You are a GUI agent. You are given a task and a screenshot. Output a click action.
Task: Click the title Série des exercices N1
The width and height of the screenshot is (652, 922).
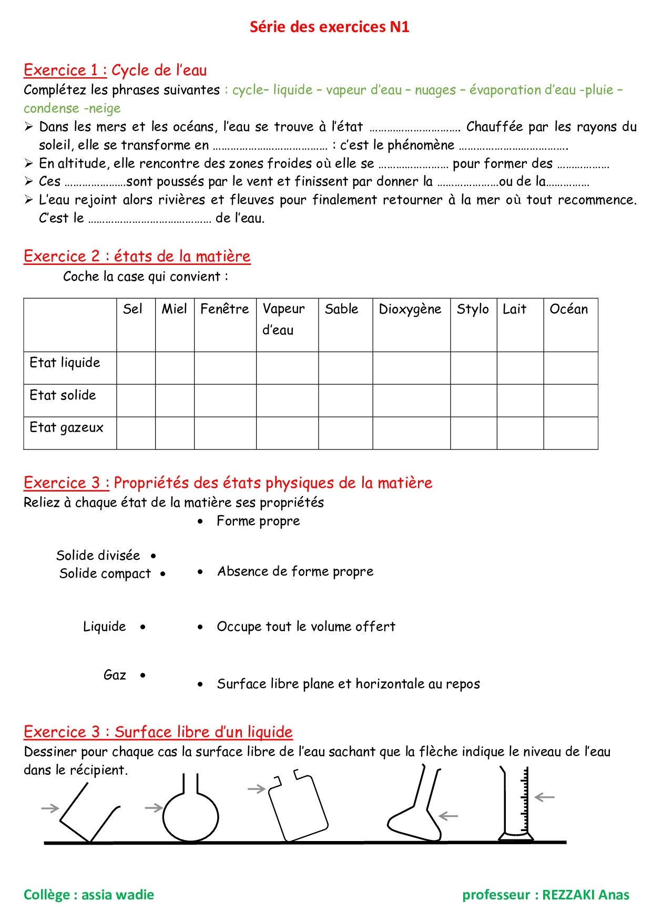click(329, 27)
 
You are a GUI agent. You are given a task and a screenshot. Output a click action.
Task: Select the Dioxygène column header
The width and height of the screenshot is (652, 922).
click(410, 309)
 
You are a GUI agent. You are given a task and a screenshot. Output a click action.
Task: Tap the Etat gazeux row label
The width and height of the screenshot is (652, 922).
click(66, 427)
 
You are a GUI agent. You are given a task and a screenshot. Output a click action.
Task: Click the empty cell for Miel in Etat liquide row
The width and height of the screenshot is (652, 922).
click(175, 368)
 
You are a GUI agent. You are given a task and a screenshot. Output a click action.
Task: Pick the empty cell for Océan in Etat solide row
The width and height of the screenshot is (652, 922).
click(570, 401)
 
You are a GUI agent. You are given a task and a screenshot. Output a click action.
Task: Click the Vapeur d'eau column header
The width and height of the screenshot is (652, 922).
click(284, 319)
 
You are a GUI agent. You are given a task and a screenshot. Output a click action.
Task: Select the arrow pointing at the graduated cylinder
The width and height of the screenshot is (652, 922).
click(545, 797)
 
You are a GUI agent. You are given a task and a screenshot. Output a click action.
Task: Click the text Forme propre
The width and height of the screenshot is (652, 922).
click(258, 521)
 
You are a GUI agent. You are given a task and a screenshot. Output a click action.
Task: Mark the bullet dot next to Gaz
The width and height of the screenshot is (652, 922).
click(142, 675)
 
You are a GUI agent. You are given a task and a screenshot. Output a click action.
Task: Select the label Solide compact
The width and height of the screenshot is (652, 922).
click(105, 573)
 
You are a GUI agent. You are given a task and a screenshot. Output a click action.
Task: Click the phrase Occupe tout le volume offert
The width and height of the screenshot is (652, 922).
click(306, 627)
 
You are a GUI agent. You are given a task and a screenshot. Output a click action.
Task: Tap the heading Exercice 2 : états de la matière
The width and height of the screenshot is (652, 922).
click(137, 256)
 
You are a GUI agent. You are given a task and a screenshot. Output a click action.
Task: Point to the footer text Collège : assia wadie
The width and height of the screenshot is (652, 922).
click(89, 895)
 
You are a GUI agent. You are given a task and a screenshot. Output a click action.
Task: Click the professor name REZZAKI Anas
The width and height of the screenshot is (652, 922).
click(585, 895)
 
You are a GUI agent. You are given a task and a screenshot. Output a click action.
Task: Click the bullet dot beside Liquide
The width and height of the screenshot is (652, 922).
click(142, 627)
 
